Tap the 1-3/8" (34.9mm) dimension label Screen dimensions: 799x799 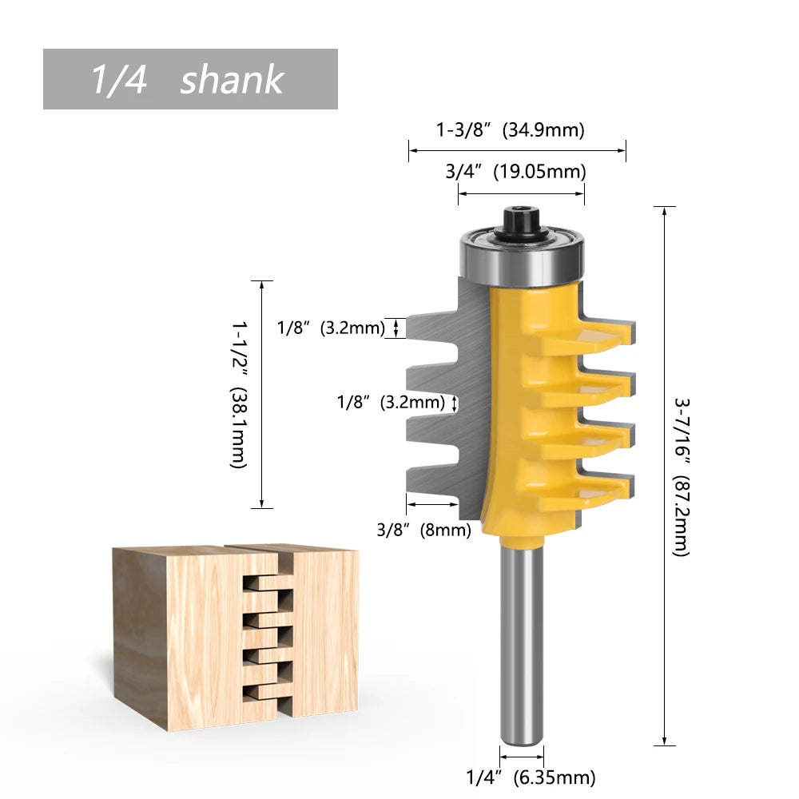click(510, 129)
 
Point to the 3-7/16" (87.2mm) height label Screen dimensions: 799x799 click(680, 476)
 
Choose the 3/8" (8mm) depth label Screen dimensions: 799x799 click(423, 528)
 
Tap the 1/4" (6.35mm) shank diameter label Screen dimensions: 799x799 click(531, 776)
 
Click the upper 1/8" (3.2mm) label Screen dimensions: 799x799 click(331, 328)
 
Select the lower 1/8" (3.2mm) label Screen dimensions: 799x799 click(390, 402)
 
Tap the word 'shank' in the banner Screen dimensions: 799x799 click(232, 80)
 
